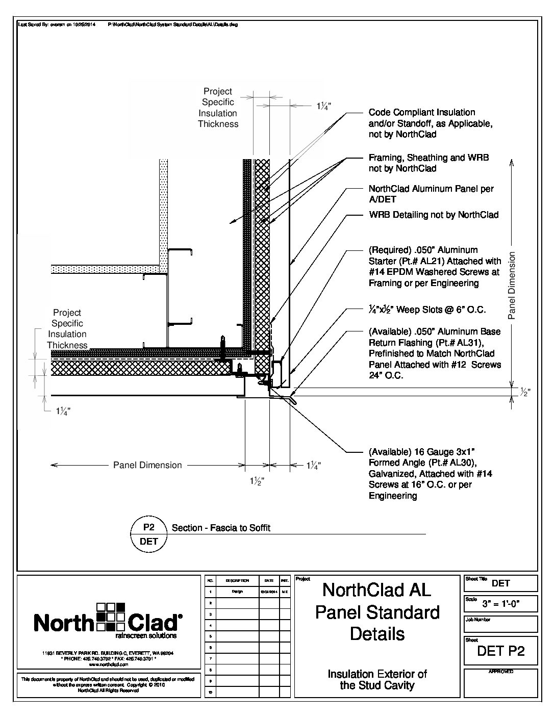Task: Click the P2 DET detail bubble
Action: (x=149, y=534)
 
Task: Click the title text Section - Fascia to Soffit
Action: (x=221, y=528)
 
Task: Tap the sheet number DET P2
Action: (x=500, y=651)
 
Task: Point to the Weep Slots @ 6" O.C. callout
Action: (x=427, y=310)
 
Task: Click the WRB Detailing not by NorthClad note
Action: (x=434, y=215)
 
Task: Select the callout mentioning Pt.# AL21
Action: (x=435, y=267)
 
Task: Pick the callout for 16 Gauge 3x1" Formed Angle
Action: (x=430, y=474)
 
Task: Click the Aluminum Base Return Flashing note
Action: (x=435, y=353)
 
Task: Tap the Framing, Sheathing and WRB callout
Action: (x=428, y=163)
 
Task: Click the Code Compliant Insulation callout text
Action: (x=430, y=123)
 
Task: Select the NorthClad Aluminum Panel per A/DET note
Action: (x=431, y=194)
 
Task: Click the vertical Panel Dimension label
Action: (x=512, y=286)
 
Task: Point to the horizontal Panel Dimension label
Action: (x=147, y=465)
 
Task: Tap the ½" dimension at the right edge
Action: (x=525, y=393)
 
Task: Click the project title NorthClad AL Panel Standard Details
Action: (x=377, y=612)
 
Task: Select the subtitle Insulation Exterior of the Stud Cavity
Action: (x=377, y=679)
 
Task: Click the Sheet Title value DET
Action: (x=500, y=583)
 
